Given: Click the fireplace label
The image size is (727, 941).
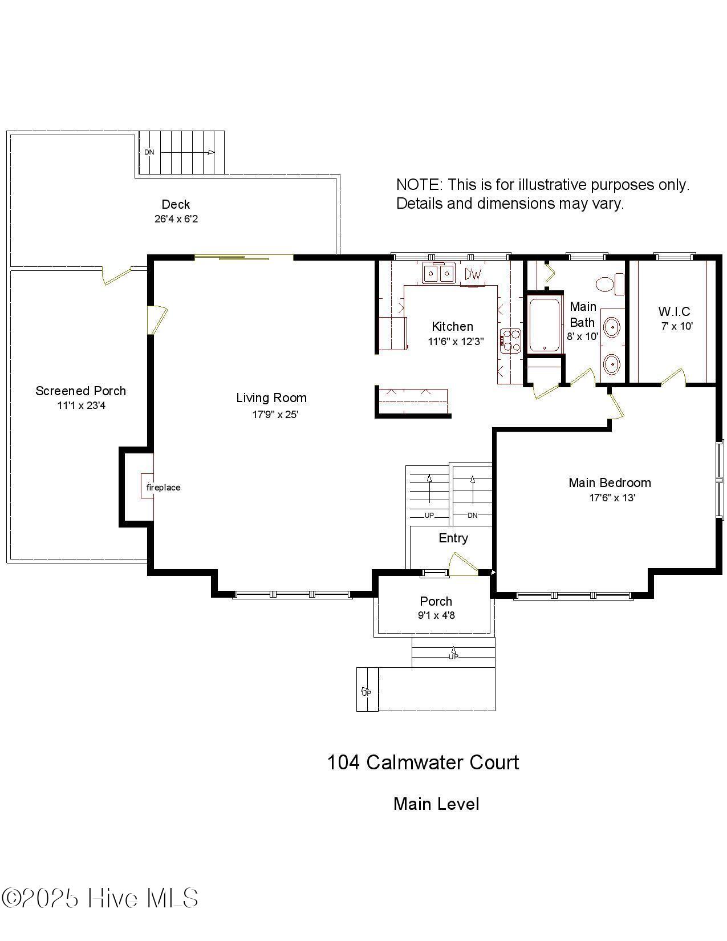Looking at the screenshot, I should pos(163,488).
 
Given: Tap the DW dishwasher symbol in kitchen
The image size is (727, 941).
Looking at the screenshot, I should pos(473,274).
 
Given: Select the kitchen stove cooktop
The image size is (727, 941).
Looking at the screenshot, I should pos(510,341).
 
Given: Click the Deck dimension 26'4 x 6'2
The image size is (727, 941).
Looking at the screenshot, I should pos(176,219).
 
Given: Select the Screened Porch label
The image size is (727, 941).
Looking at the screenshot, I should pos(80,391).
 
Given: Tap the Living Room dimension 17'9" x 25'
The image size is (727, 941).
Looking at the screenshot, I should pos(275,415).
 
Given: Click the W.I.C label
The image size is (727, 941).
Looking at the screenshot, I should pos(674,311).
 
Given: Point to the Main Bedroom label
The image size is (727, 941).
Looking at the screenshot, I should pos(610,482).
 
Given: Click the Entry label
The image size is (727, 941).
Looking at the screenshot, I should pos(453,538).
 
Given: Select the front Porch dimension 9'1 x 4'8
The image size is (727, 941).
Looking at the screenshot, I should pos(436,615).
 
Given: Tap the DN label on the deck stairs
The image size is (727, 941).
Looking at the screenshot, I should pos(149,152).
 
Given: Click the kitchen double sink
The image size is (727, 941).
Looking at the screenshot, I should pos(438,274).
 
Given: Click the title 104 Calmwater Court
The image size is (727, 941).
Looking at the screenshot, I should pos(423,762).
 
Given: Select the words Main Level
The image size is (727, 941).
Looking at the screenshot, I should pos(436,804).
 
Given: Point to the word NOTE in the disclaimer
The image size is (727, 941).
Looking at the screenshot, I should pos(419,185).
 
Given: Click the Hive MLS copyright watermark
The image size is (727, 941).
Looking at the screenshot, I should pos(100,898).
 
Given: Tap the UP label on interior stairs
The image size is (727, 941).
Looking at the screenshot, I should pos(429,515).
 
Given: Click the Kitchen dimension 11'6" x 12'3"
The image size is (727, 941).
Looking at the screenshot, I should pos(456,342).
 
